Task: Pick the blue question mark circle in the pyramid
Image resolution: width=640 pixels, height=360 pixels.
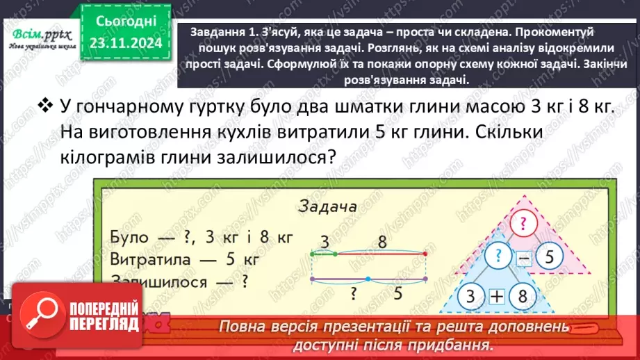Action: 498,256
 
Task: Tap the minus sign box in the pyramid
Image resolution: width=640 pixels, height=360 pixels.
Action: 523,259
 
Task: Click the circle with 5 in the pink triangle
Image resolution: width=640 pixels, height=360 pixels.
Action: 549,257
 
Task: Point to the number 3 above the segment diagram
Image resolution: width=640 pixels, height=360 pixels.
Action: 324,243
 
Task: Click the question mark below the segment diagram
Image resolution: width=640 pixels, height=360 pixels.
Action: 354,293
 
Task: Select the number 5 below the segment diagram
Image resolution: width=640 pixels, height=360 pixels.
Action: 398,293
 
